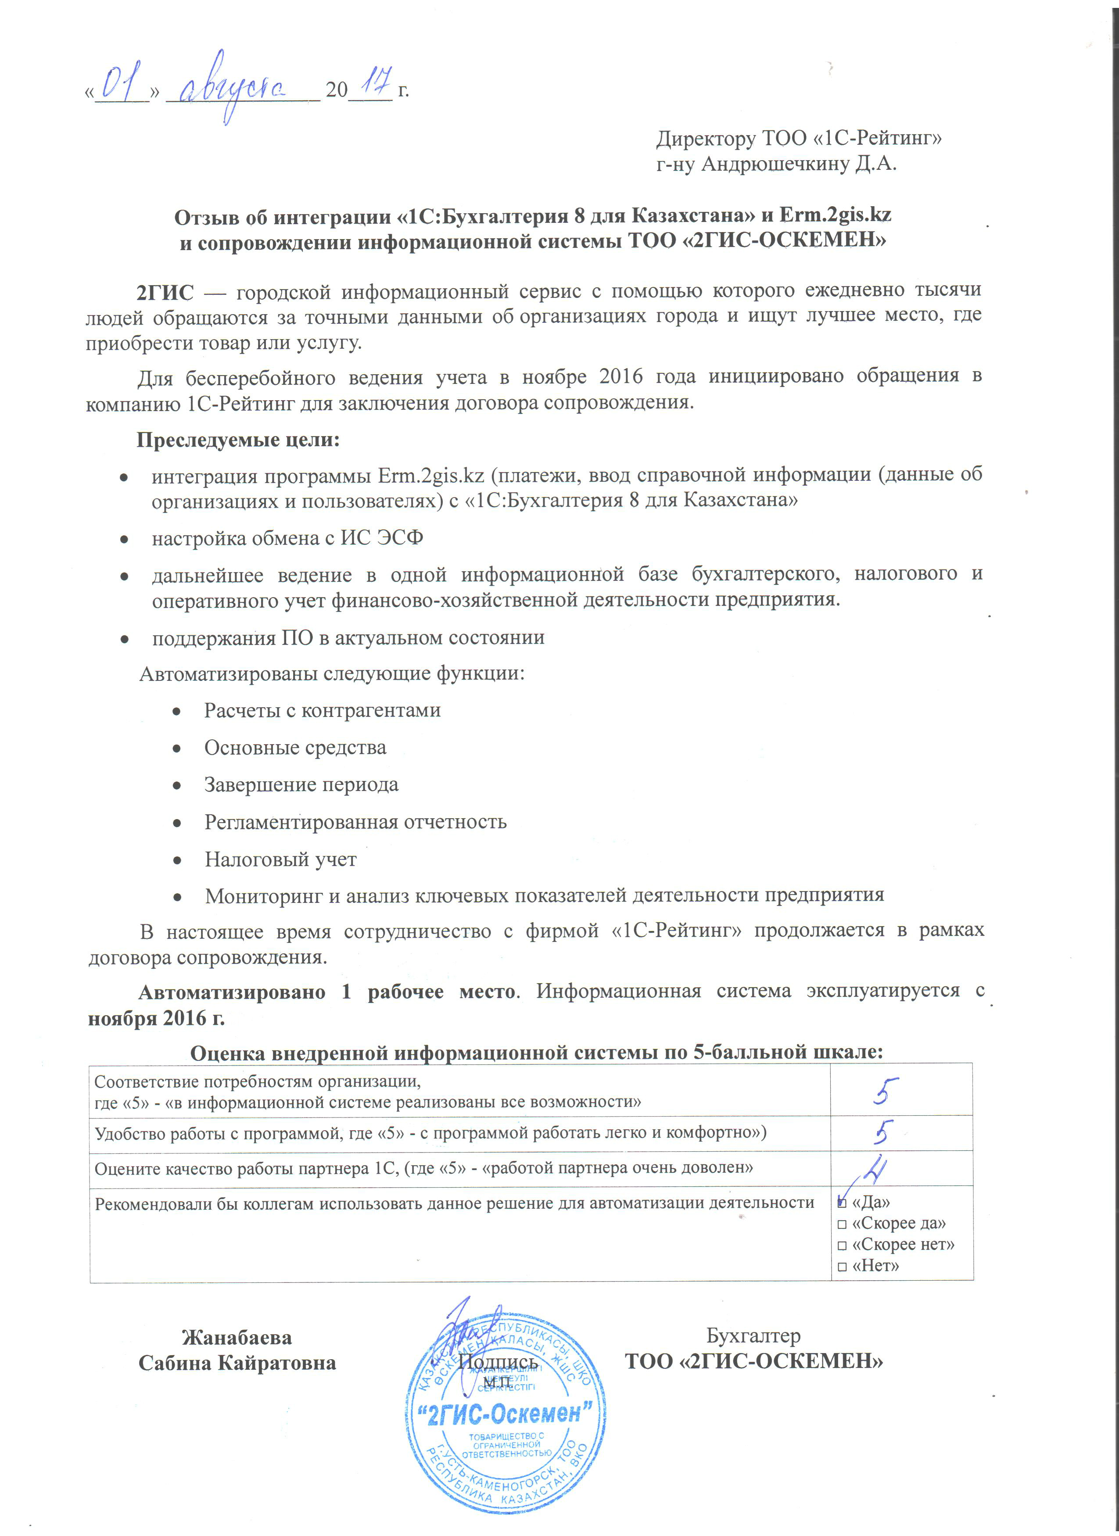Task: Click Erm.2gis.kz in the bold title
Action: (835, 215)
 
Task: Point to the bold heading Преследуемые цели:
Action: (238, 440)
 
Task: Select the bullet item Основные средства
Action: (295, 748)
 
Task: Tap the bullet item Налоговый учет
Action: (280, 859)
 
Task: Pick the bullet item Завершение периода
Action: (301, 785)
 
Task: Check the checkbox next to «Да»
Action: (842, 1203)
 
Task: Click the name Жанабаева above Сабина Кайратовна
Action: (237, 1338)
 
